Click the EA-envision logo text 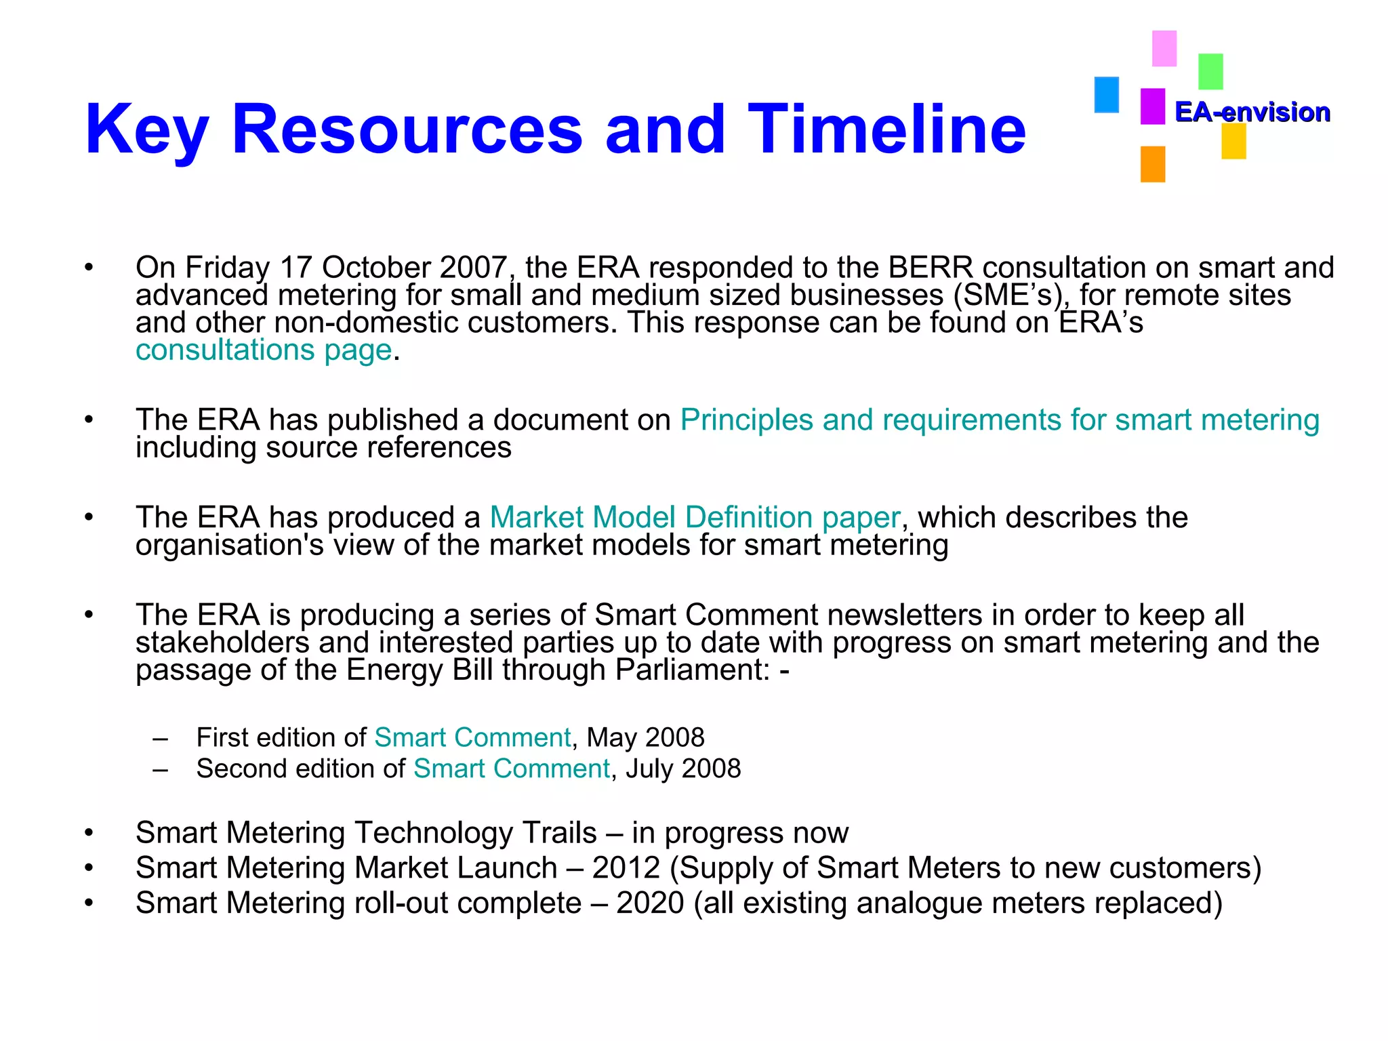click(x=1252, y=112)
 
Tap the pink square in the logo click(x=1164, y=48)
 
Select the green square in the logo click(x=1210, y=71)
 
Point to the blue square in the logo click(x=1106, y=94)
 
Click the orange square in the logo click(x=1152, y=164)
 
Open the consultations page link click(x=264, y=350)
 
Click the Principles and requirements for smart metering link click(x=1000, y=420)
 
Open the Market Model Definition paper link click(x=695, y=517)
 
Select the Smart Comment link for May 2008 click(x=472, y=737)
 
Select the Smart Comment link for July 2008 click(x=512, y=769)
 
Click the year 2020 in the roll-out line click(x=650, y=903)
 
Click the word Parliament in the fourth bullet click(x=692, y=670)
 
